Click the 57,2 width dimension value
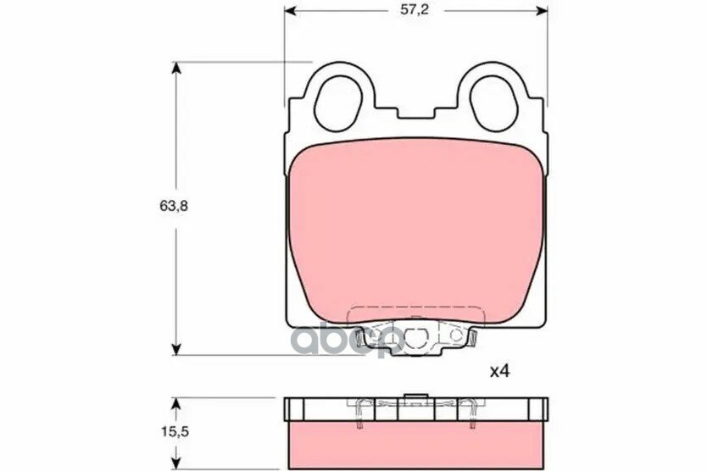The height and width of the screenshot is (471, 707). [x=415, y=10]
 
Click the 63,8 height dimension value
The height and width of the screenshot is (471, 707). [x=174, y=206]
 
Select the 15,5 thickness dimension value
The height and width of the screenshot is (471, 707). [x=175, y=432]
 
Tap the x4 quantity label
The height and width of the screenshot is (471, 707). [x=499, y=371]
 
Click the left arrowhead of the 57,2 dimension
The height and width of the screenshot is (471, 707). [x=291, y=11]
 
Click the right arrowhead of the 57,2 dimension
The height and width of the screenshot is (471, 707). [x=541, y=11]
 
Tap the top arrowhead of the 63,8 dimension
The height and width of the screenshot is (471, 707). [x=176, y=69]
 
